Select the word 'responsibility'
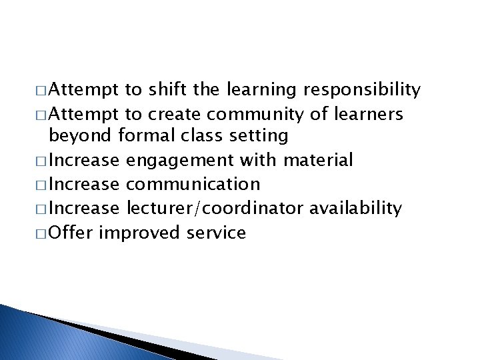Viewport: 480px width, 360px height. pos(363,89)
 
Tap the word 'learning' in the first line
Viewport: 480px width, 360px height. pos(264,89)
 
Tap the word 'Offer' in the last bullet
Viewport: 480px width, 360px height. pos(73,233)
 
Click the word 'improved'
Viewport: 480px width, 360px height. pos(143,233)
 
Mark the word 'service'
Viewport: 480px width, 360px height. pos(216,233)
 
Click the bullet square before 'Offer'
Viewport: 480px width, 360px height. pos(43,233)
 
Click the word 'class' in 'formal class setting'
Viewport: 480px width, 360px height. pos(201,137)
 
